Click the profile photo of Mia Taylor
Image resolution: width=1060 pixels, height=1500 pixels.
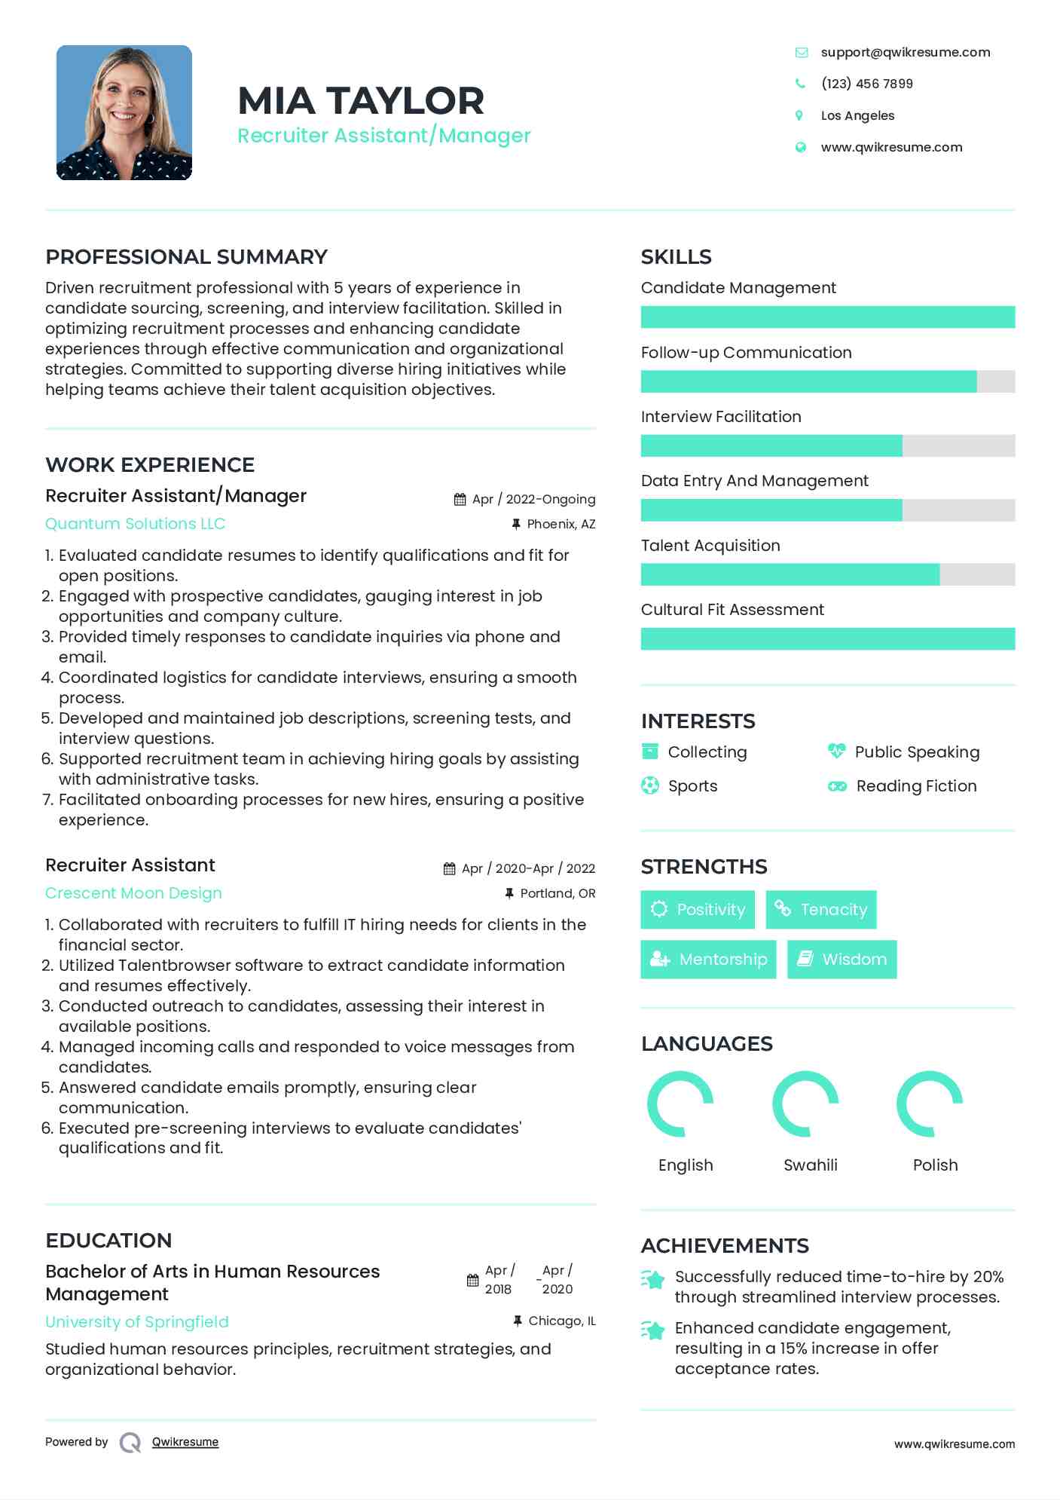[x=124, y=112]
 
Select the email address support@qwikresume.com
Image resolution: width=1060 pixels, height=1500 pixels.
[x=905, y=52]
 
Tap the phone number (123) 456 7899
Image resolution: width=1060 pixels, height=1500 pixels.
[x=866, y=84]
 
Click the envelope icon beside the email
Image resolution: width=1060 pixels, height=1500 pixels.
[x=801, y=52]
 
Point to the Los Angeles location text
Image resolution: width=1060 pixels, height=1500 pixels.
[x=857, y=115]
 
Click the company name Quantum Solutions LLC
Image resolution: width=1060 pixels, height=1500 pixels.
[x=135, y=524]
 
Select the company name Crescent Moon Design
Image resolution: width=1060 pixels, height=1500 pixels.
[x=133, y=893]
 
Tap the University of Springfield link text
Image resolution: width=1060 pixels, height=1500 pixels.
[x=136, y=1322]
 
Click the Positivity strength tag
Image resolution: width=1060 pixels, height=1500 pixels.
[x=698, y=910]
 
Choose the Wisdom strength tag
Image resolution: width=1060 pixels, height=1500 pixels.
[x=842, y=960]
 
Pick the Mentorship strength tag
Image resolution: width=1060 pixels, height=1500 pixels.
[x=708, y=960]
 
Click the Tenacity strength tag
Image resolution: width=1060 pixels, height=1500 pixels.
[x=820, y=910]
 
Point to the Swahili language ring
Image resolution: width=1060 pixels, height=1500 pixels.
[x=805, y=1104]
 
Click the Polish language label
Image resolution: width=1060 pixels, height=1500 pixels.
[x=935, y=1165]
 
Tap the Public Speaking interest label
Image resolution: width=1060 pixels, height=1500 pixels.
[x=917, y=752]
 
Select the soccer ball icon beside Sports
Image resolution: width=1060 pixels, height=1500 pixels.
[x=649, y=785]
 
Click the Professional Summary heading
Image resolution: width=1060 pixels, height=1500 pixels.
[x=186, y=257]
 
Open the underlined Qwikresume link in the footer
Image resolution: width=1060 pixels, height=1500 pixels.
[x=185, y=1442]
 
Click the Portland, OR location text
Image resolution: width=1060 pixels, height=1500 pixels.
[x=557, y=893]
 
